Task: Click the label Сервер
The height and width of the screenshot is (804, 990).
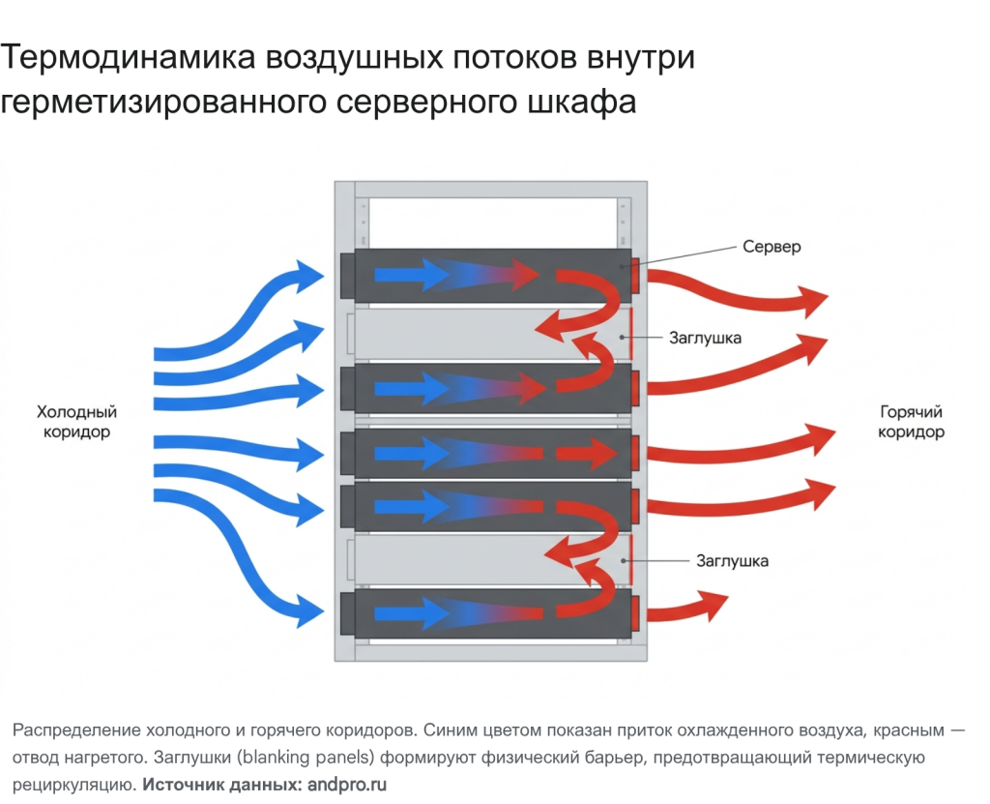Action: (x=772, y=247)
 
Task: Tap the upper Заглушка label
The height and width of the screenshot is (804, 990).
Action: (x=705, y=338)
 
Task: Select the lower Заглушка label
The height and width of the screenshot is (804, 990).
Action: (x=732, y=560)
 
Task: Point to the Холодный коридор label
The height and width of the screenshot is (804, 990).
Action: (x=76, y=421)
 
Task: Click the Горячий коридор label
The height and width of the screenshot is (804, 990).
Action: (x=911, y=421)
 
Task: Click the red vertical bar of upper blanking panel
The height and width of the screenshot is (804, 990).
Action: (x=631, y=336)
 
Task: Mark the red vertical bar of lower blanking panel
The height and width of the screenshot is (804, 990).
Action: (x=631, y=560)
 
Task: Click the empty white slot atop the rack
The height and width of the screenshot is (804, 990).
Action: (x=489, y=222)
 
